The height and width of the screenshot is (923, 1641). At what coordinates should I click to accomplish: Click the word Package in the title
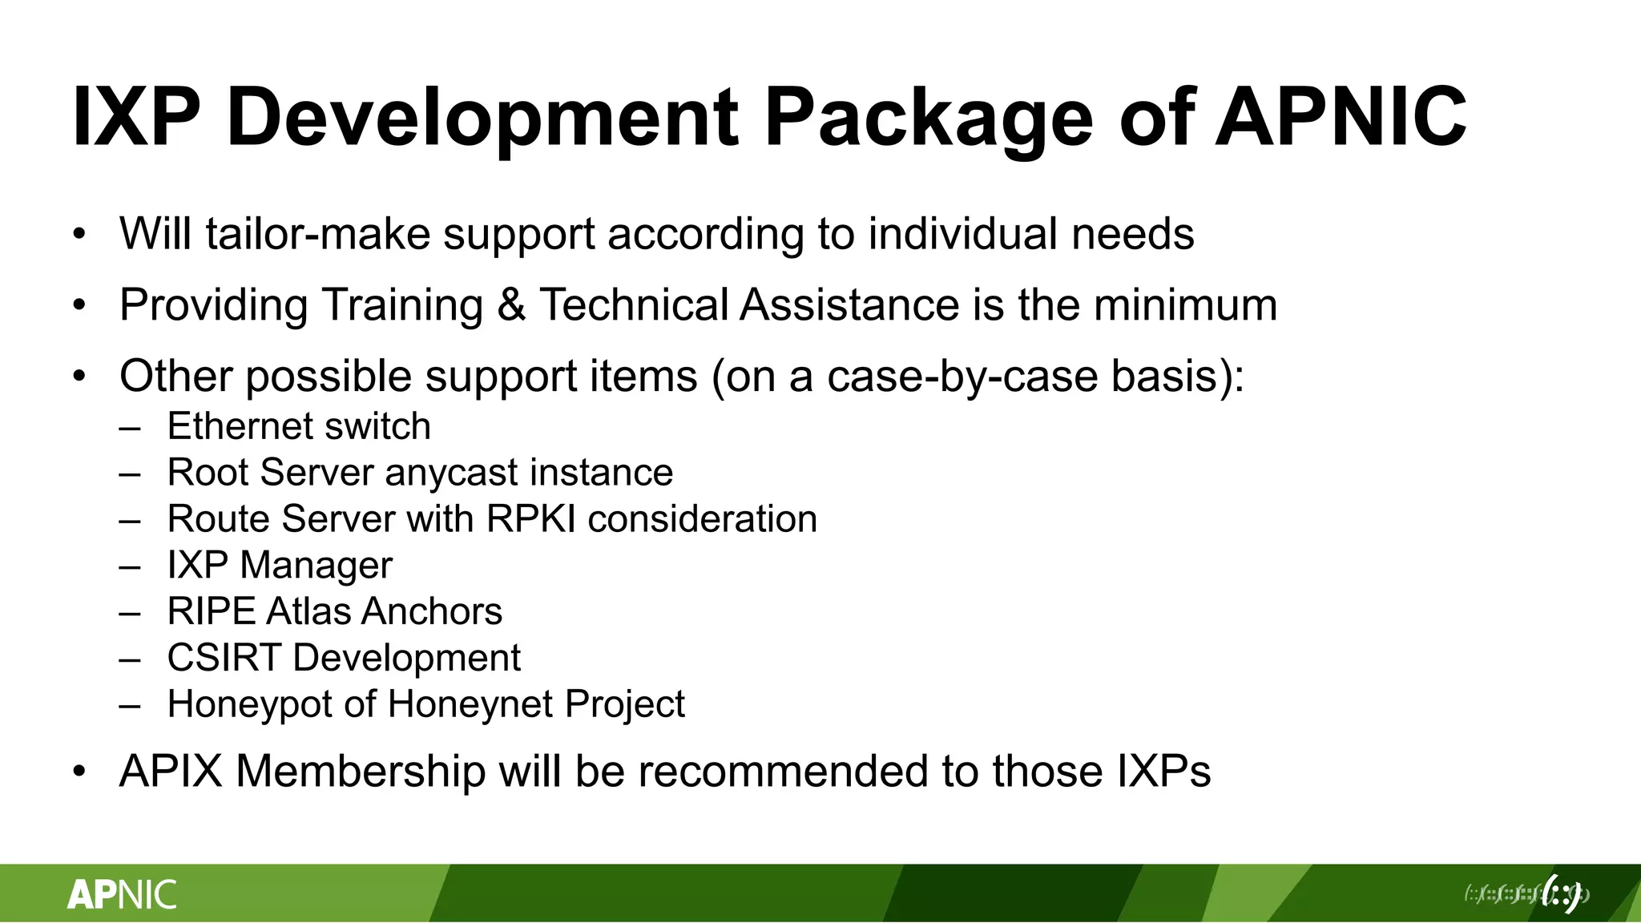(x=928, y=119)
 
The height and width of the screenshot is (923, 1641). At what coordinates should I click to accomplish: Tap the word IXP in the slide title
(x=136, y=119)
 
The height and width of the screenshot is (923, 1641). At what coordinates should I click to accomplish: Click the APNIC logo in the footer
(x=122, y=894)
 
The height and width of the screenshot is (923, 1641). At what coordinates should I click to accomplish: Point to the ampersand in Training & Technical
(x=511, y=305)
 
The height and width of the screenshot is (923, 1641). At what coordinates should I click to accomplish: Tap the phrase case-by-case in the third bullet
(x=962, y=376)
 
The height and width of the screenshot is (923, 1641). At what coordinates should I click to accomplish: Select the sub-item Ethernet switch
(x=299, y=426)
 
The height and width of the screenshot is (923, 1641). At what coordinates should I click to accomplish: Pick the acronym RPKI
(x=530, y=519)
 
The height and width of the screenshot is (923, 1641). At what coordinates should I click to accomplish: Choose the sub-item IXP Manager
(x=280, y=566)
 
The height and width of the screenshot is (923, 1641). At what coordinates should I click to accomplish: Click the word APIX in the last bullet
(x=170, y=772)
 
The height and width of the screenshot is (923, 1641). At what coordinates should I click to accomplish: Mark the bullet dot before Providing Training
(x=79, y=305)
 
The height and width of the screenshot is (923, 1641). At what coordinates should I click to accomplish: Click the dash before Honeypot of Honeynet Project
(x=130, y=705)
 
